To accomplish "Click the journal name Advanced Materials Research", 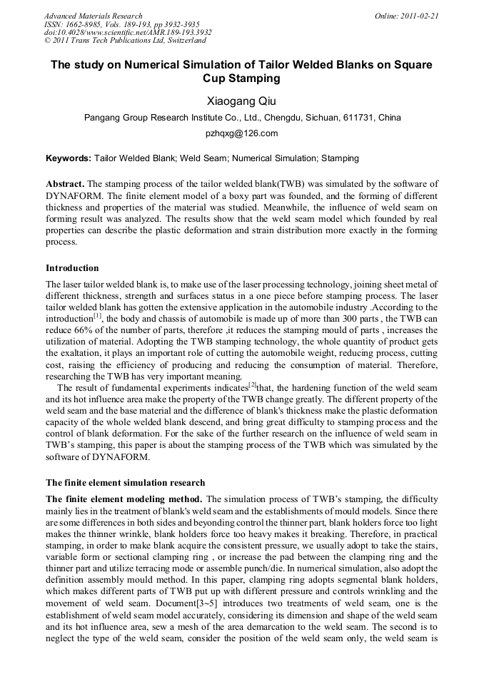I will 93,16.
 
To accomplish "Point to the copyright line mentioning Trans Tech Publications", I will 125,41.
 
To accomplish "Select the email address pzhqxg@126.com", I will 241,133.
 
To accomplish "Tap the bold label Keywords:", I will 69,158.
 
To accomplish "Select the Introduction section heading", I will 72,268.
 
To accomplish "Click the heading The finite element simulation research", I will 125,483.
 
